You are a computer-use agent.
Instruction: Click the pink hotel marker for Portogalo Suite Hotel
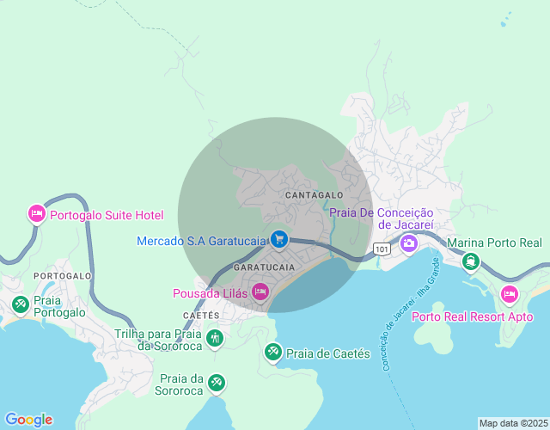pos(36,213)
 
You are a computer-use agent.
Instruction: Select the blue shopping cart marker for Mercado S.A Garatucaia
pos(278,238)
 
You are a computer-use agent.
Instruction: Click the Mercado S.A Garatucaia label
pos(201,241)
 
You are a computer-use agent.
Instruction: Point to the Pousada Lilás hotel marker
pos(260,293)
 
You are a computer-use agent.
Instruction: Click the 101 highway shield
pos(381,249)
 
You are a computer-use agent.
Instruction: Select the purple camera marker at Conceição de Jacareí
pos(408,243)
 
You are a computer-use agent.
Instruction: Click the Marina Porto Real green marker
pos(470,261)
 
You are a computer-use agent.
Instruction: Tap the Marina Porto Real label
pos(495,243)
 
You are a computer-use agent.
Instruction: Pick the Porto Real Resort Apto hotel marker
pos(509,295)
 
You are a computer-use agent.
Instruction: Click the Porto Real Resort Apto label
pos(473,316)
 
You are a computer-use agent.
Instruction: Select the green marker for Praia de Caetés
pos(272,352)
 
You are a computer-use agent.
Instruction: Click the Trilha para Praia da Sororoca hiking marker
pos(215,339)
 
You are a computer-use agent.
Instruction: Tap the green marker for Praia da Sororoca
pos(217,382)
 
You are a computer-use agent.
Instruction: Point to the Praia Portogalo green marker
pos(20,304)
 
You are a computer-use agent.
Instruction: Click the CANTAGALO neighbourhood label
pos(314,196)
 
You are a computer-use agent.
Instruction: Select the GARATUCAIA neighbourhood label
pos(265,267)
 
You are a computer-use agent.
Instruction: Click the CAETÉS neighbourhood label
pos(201,316)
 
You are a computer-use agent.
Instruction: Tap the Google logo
pos(27,420)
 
